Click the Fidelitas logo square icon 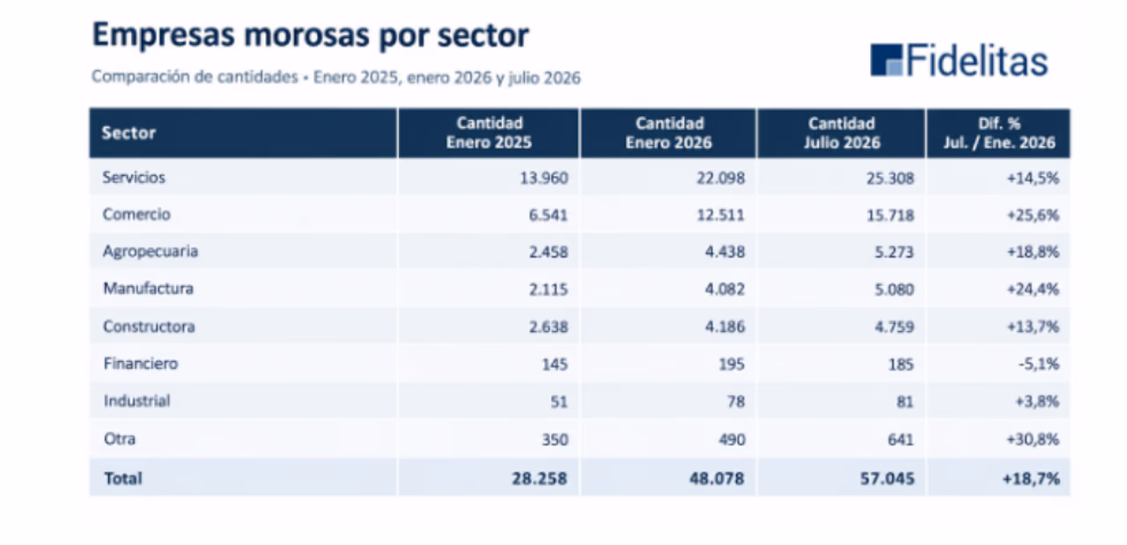coord(886,60)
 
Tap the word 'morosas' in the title coord(306,35)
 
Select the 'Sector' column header coord(129,133)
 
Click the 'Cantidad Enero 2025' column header coord(489,133)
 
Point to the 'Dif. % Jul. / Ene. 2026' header coord(999,133)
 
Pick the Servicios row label coord(134,177)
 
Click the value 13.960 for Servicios coord(544,178)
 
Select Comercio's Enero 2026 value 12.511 coord(720,216)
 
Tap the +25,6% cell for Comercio coord(1033,216)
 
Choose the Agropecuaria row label coord(151,251)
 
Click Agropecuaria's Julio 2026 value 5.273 coord(894,252)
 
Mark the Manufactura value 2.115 coord(549,290)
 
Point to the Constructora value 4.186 coord(725,327)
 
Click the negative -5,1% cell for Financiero coord(1039,364)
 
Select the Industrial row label coord(136,401)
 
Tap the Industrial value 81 coord(904,401)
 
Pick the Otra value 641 coord(901,439)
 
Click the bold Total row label coord(122,478)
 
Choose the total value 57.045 coord(887,478)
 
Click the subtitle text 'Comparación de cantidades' coord(195,77)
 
